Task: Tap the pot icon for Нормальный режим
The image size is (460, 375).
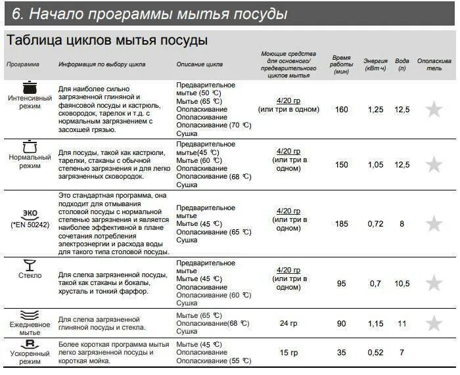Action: tap(30, 146)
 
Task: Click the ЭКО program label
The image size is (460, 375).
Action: tap(30, 213)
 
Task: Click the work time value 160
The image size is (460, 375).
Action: tap(342, 110)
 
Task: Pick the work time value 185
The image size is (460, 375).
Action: tap(342, 224)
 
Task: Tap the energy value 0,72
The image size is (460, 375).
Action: tap(376, 224)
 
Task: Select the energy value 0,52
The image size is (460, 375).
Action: tap(376, 353)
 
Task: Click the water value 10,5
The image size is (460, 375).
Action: tap(402, 284)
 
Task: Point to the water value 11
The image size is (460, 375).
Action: tap(402, 324)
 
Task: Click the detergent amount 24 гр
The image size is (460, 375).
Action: tap(288, 324)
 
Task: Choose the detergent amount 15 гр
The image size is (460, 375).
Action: tap(288, 353)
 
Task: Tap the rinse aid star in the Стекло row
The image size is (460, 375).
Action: tap(434, 283)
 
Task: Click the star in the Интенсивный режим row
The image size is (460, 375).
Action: tap(434, 109)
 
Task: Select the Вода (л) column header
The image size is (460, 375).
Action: tap(402, 64)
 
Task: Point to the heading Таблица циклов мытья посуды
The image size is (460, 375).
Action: tap(107, 40)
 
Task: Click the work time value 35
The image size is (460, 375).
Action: tap(342, 353)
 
